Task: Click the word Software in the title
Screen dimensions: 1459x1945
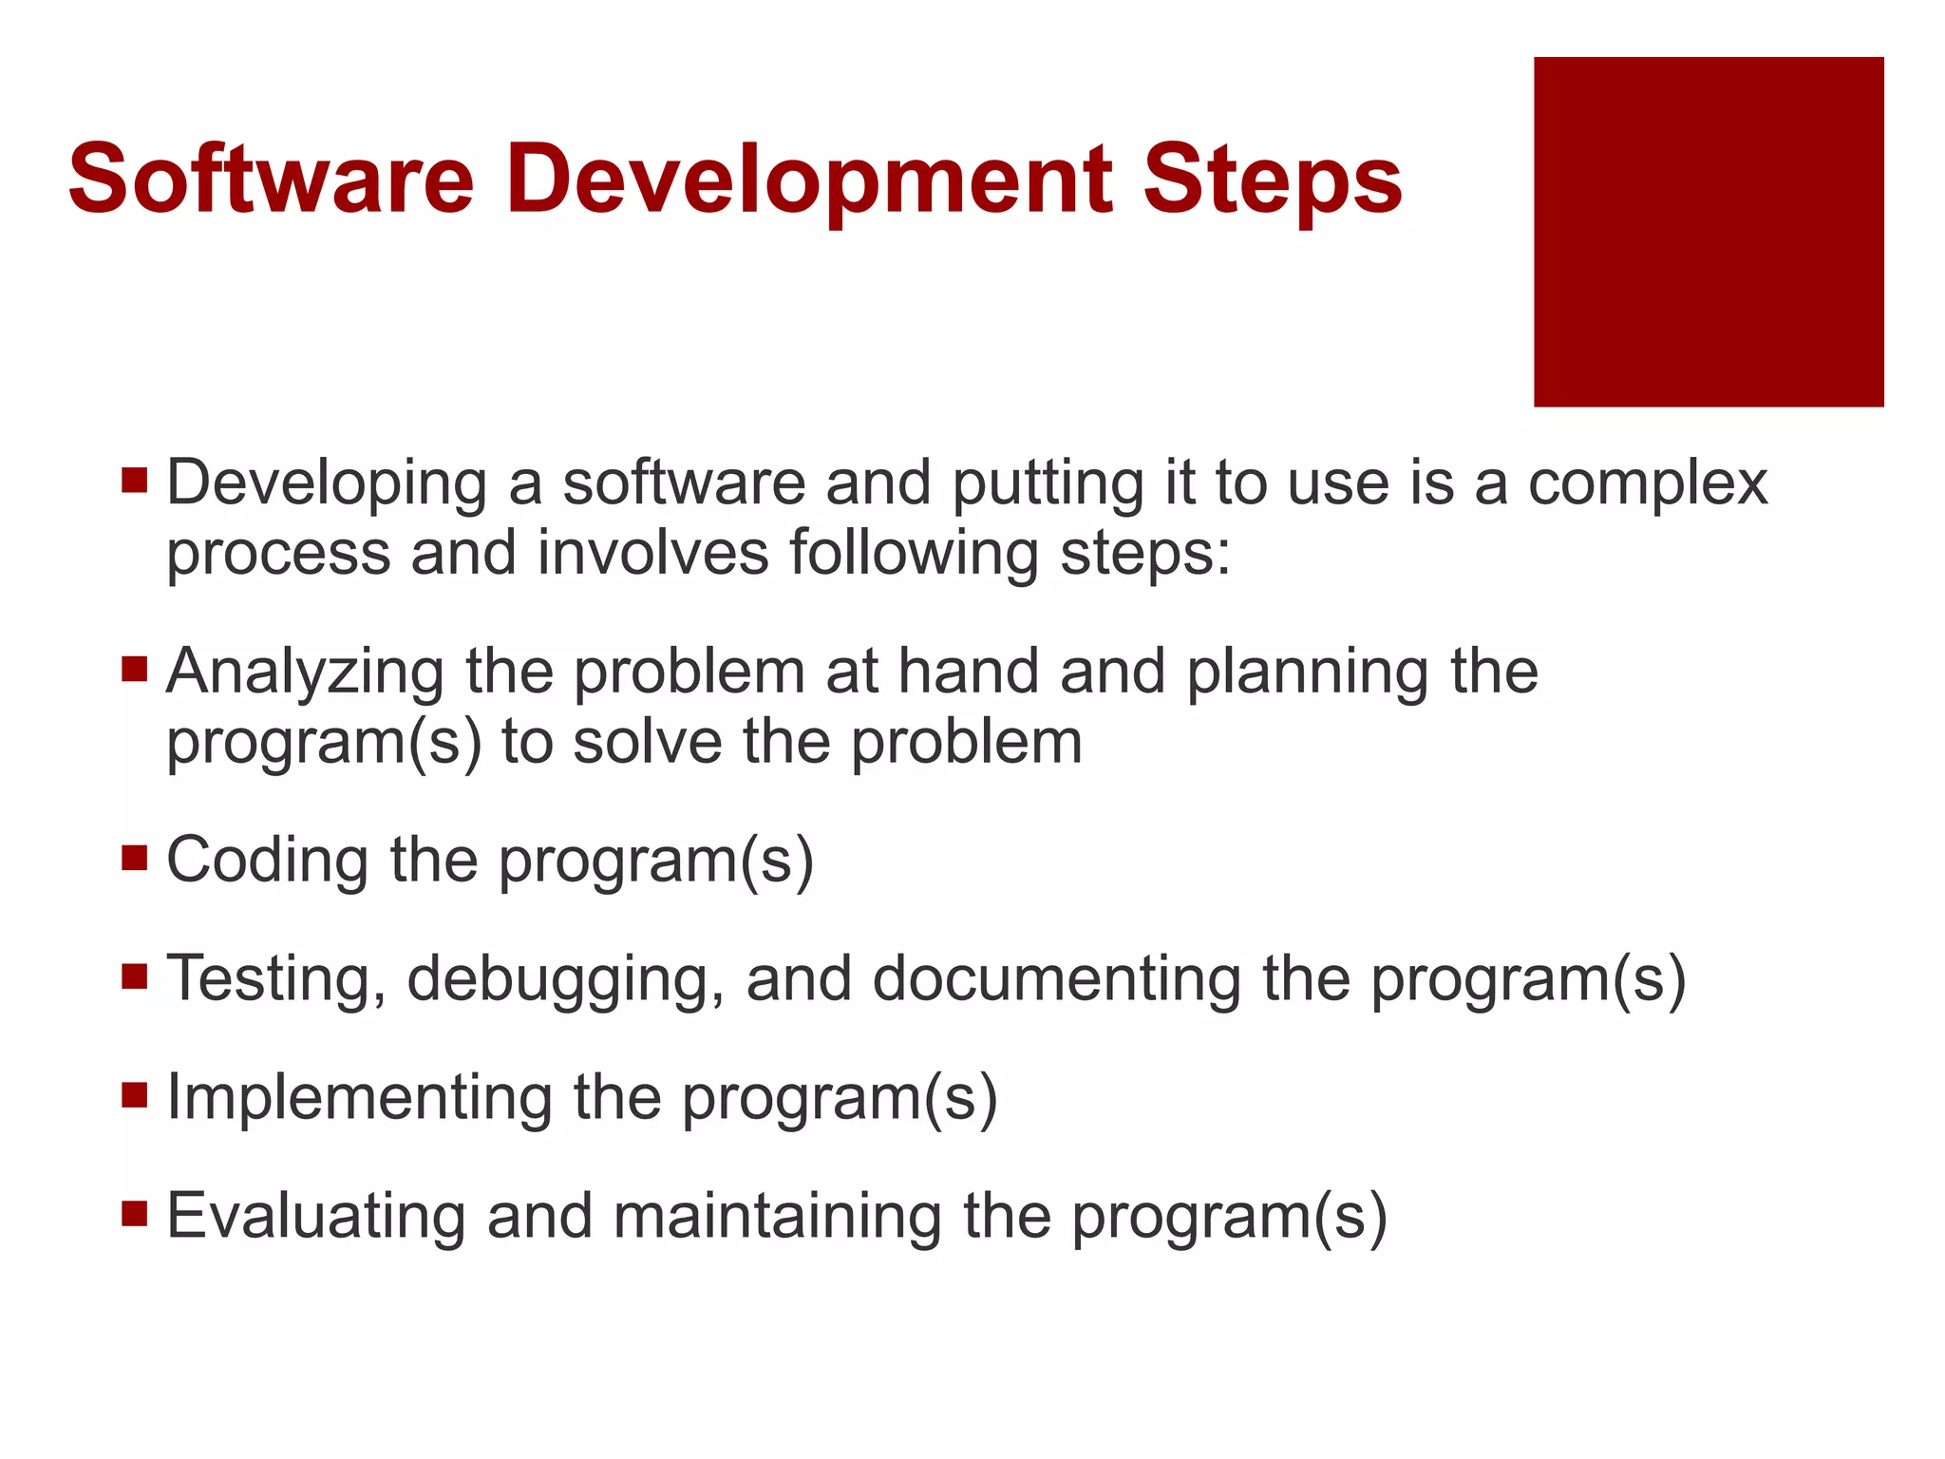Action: pyautogui.click(x=271, y=180)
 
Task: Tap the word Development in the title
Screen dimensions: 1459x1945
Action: pyautogui.click(x=809, y=180)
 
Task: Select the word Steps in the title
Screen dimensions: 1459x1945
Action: pyautogui.click(x=1273, y=180)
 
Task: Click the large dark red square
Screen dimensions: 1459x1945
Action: pyautogui.click(x=1709, y=232)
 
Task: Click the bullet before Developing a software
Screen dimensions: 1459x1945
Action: pyautogui.click(x=135, y=479)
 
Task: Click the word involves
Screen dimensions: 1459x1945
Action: pyautogui.click(x=653, y=553)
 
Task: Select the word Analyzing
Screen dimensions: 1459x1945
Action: pyautogui.click(x=305, y=673)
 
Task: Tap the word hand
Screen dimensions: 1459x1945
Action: pyautogui.click(x=968, y=671)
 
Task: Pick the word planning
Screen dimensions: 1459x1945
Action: pyautogui.click(x=1307, y=673)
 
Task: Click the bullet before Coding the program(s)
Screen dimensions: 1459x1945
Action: pyautogui.click(x=135, y=858)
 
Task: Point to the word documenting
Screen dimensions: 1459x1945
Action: pyautogui.click(x=1056, y=979)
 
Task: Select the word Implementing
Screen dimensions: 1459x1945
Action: pyautogui.click(x=359, y=1098)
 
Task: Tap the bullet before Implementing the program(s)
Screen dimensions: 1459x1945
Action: pyautogui.click(x=135, y=1095)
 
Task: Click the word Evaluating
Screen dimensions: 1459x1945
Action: pyautogui.click(x=315, y=1217)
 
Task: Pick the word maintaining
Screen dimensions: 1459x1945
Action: pyautogui.click(x=777, y=1217)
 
